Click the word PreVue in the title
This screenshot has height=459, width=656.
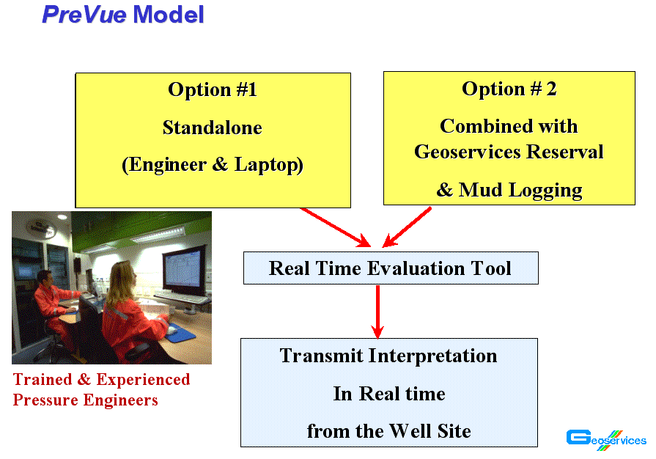[x=84, y=14]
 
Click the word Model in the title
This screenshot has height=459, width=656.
[x=168, y=14]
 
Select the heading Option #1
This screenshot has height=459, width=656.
[x=213, y=89]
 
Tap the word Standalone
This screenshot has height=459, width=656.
[x=213, y=128]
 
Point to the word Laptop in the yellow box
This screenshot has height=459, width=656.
[x=268, y=165]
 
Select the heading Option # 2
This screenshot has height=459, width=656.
[x=509, y=89]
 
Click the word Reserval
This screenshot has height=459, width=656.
[x=564, y=152]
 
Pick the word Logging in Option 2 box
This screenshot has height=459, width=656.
[x=545, y=191]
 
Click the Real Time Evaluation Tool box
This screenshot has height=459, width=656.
[x=391, y=268]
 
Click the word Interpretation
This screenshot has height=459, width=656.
[x=432, y=356]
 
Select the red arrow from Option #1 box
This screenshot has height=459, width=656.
[x=336, y=227]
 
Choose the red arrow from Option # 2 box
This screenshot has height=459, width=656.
[x=407, y=227]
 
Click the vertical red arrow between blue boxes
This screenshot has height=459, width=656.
[x=377, y=312]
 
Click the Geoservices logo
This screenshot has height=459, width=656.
[x=606, y=440]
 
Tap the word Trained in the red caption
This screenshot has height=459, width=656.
[x=43, y=380]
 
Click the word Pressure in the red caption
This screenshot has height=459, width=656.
[x=45, y=400]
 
